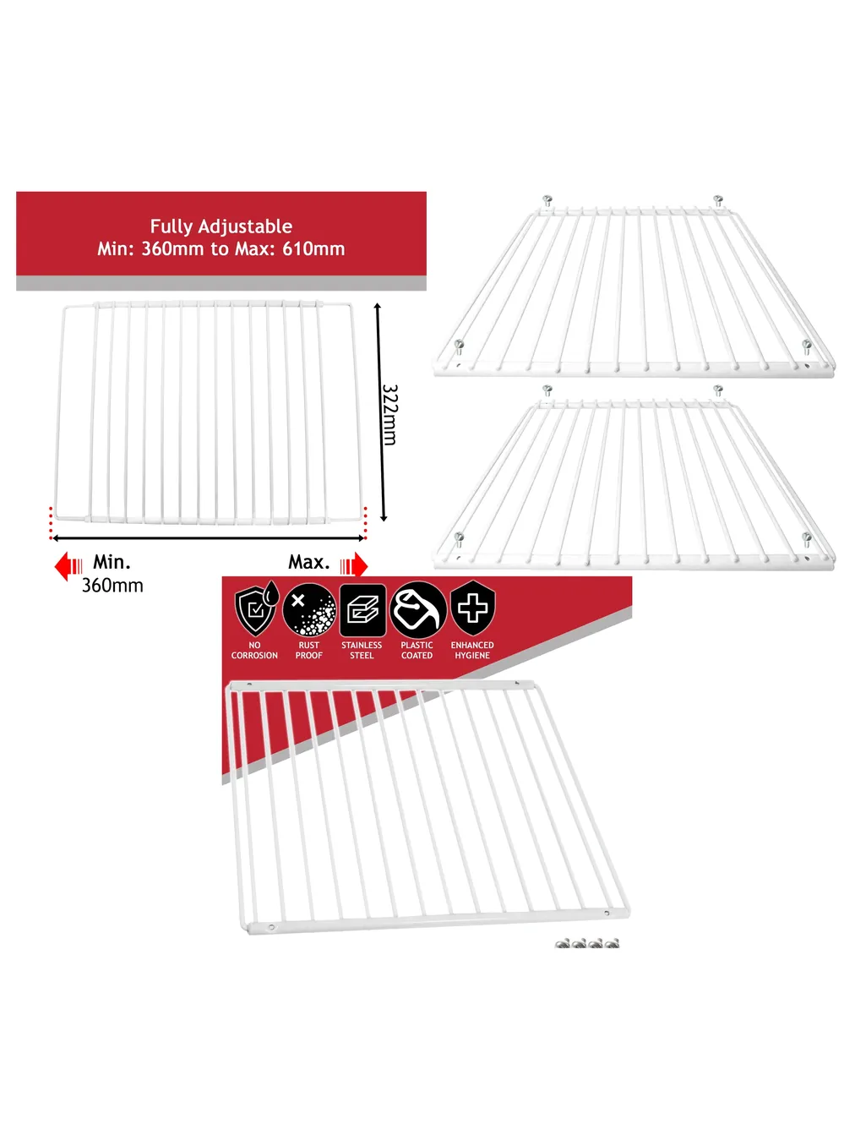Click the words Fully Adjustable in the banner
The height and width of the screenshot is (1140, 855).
coord(221,226)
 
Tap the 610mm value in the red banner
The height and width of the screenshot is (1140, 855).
coord(313,248)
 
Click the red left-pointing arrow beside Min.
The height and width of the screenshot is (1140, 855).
coord(68,565)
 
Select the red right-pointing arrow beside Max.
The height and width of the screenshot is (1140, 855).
coord(354,565)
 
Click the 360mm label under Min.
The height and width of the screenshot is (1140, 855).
coord(112,586)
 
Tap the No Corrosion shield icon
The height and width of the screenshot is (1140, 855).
coord(257,608)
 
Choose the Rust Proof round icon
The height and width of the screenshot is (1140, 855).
coord(309,610)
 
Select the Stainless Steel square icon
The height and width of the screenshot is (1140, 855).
coord(362,610)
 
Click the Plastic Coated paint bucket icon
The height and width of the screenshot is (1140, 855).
coord(418,610)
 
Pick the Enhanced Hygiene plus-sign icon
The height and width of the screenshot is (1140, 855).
coord(472,608)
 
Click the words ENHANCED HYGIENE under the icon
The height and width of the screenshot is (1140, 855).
coord(472,650)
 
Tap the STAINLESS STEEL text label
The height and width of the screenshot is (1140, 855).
coord(362,650)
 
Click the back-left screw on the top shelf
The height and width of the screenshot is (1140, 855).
coord(547,201)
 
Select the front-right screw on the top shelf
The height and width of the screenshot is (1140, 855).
coord(806,347)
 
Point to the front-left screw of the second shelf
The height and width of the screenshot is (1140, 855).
coord(459,538)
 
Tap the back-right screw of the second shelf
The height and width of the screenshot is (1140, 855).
coord(718,390)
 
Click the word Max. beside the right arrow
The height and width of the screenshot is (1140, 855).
coord(309,562)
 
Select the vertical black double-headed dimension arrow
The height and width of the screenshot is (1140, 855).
coord(380,412)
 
